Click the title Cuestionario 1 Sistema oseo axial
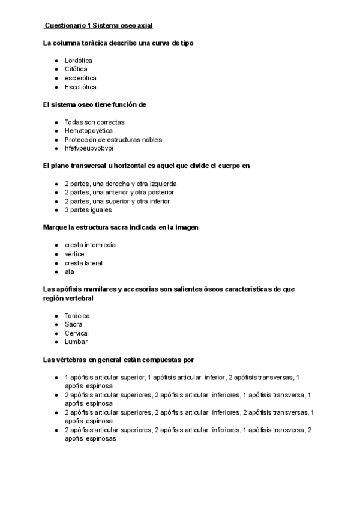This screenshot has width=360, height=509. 98,26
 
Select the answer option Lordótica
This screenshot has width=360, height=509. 78,61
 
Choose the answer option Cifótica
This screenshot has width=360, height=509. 76,70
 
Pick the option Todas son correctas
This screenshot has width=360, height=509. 94,122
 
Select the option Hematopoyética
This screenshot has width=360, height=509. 88,131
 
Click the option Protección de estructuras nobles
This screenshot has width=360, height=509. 113,140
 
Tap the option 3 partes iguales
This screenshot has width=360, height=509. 88,210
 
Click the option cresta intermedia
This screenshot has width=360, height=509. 90,245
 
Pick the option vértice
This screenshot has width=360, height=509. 74,254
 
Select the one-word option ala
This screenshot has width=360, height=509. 70,271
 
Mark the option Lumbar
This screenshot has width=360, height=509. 76,342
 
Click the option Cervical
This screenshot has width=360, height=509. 77,333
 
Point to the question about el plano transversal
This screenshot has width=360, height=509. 146,166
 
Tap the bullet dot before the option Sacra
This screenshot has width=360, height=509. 56,324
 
